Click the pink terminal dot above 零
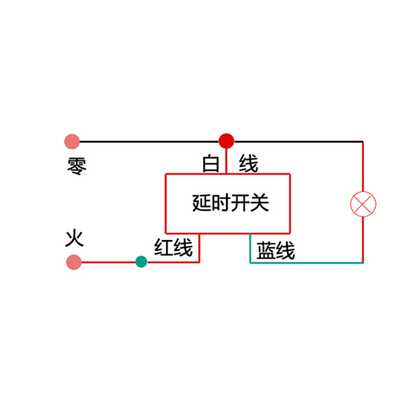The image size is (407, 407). [72, 141]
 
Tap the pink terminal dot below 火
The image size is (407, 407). [74, 262]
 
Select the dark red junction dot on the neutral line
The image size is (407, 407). [226, 140]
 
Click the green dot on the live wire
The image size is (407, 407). [141, 262]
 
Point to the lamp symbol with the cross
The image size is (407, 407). [363, 204]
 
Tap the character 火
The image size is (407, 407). [74, 238]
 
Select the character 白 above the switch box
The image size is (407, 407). [211, 164]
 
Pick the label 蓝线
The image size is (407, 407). [275, 251]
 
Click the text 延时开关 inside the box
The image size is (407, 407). [230, 203]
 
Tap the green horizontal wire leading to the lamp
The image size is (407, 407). [305, 263]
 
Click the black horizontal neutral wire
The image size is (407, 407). [153, 141]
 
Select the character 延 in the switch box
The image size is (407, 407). [201, 203]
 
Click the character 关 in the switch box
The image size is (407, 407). [259, 203]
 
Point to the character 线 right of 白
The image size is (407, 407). [249, 164]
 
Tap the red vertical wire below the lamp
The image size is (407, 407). [363, 239]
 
